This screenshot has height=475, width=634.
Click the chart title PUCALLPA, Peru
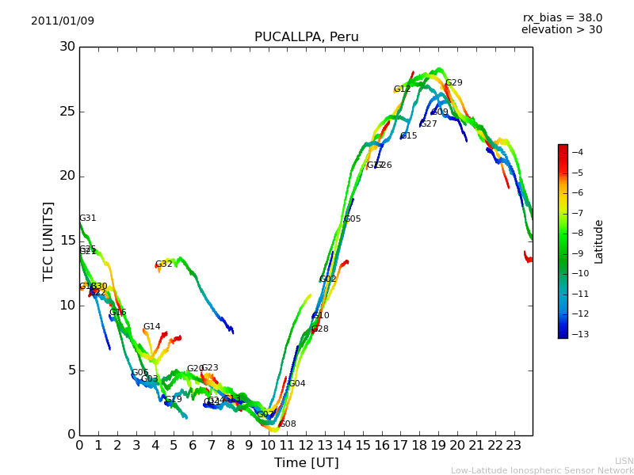[306, 37]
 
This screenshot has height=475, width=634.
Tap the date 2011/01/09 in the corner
[63, 21]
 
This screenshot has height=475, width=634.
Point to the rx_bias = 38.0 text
[562, 17]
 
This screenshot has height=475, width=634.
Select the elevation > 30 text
[561, 30]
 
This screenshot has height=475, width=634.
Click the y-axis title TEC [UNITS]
[48, 241]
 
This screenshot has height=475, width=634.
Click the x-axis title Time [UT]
[306, 463]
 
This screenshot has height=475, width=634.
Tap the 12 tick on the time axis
[306, 446]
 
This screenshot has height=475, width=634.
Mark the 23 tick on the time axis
[514, 446]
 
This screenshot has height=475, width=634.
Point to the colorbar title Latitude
[599, 241]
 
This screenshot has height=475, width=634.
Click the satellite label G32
[163, 264]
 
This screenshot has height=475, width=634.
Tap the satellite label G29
[453, 83]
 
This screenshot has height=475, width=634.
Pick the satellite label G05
[352, 219]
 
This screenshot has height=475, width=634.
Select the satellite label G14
[151, 327]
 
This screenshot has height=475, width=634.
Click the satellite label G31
[87, 218]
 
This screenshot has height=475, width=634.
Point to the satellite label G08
[288, 424]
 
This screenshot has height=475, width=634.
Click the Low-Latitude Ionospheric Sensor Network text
[542, 471]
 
